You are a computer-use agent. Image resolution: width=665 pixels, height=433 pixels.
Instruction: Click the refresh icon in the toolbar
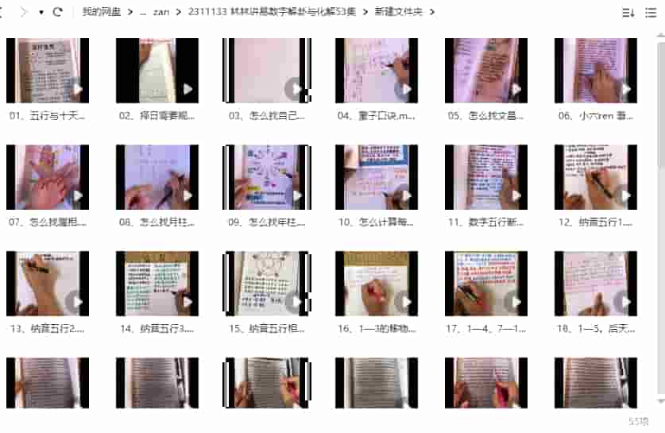pos(58,12)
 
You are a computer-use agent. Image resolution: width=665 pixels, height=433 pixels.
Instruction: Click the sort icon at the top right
pos(628,12)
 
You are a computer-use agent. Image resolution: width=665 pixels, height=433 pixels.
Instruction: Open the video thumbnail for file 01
pos(48,70)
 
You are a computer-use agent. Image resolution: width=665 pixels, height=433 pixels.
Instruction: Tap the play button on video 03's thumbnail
pos(295,88)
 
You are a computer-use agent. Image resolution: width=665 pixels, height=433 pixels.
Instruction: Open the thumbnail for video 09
pos(267,176)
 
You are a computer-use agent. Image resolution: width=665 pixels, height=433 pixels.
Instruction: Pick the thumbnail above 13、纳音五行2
pos(48,283)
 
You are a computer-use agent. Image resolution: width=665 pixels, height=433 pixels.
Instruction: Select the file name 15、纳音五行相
pos(267,329)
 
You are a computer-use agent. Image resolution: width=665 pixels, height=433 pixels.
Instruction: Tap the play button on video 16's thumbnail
pos(404,301)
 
